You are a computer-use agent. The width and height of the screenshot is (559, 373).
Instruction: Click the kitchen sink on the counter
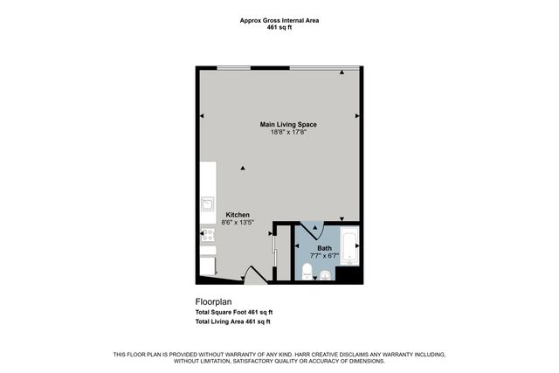[208, 204]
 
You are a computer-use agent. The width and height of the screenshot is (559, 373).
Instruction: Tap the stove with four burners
[208, 234]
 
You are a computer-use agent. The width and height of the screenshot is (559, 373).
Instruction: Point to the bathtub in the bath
[349, 247]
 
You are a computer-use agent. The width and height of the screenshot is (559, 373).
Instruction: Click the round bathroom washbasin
[326, 276]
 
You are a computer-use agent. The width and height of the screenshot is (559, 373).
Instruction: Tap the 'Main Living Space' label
[288, 124]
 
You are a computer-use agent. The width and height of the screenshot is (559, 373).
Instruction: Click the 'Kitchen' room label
[238, 215]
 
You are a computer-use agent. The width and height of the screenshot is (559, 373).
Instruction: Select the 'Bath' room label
[324, 248]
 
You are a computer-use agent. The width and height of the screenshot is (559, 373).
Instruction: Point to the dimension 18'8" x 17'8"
[288, 133]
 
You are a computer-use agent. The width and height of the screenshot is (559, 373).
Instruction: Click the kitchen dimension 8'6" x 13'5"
[238, 224]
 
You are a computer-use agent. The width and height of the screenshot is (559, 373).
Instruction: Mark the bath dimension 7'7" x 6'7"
[324, 256]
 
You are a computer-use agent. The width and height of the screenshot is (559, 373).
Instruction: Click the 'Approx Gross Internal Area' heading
[279, 21]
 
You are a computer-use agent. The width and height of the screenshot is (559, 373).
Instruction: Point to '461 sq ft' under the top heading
[279, 29]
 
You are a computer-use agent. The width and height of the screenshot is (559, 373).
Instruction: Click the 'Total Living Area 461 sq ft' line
[233, 321]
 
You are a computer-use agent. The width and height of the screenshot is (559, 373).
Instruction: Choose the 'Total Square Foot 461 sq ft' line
[234, 312]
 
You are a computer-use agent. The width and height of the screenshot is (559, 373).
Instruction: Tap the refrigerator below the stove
[209, 264]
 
